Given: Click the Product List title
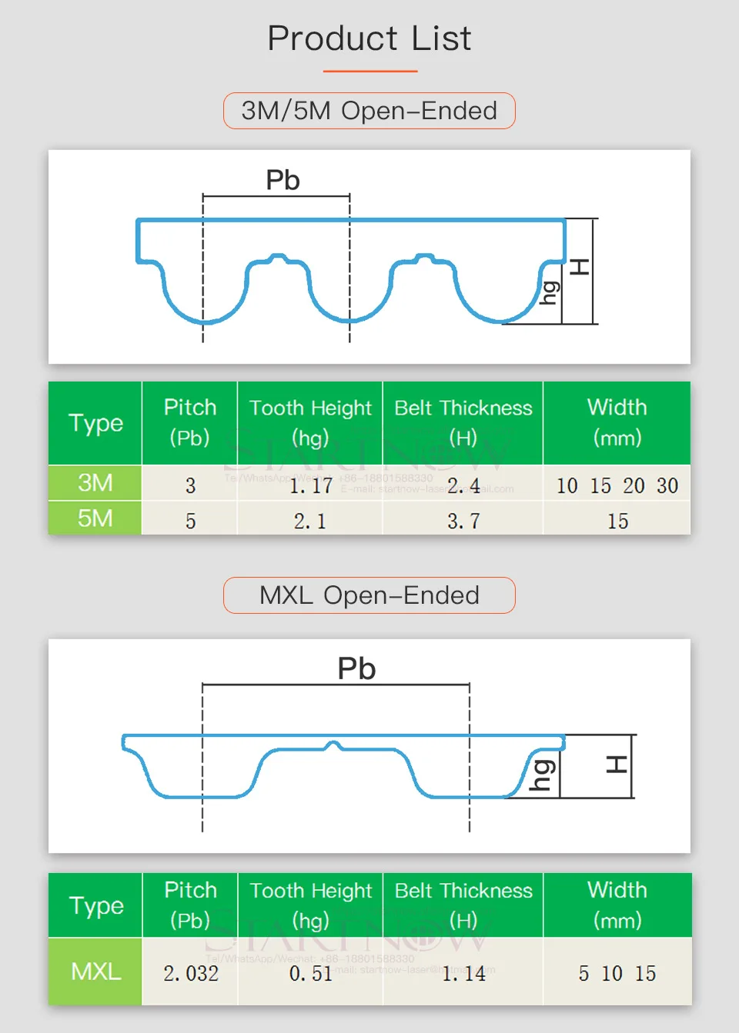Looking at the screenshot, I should pyautogui.click(x=369, y=38).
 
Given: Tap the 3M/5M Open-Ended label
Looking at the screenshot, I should pyautogui.click(x=369, y=111).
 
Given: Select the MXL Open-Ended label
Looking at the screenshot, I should pyautogui.click(x=369, y=595).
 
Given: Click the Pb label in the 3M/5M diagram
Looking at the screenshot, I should pyautogui.click(x=283, y=180).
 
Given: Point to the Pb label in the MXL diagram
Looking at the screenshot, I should pyautogui.click(x=356, y=668).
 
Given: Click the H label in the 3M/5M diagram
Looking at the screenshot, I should pyautogui.click(x=580, y=268).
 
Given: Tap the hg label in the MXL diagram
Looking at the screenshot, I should pyautogui.click(x=542, y=775).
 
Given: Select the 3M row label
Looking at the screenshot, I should pyautogui.click(x=95, y=483).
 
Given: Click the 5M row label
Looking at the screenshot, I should pyautogui.click(x=95, y=518).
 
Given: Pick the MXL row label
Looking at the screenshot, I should pyautogui.click(x=95, y=971).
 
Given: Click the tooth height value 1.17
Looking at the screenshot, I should pyautogui.click(x=310, y=486).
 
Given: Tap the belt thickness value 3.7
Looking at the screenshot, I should pyautogui.click(x=463, y=521).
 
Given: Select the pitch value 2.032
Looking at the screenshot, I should pyautogui.click(x=191, y=974).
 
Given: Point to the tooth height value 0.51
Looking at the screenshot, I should pyautogui.click(x=310, y=974).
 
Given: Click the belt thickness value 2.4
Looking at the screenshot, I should pyautogui.click(x=463, y=486).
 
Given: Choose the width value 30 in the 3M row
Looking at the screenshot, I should pyautogui.click(x=667, y=486).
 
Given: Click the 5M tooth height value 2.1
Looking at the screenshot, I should pyautogui.click(x=310, y=521).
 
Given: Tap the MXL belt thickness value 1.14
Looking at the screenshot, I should pyautogui.click(x=463, y=974).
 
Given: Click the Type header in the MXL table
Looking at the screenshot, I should pyautogui.click(x=95, y=905).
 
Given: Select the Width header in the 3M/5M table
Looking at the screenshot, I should pyautogui.click(x=617, y=422).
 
